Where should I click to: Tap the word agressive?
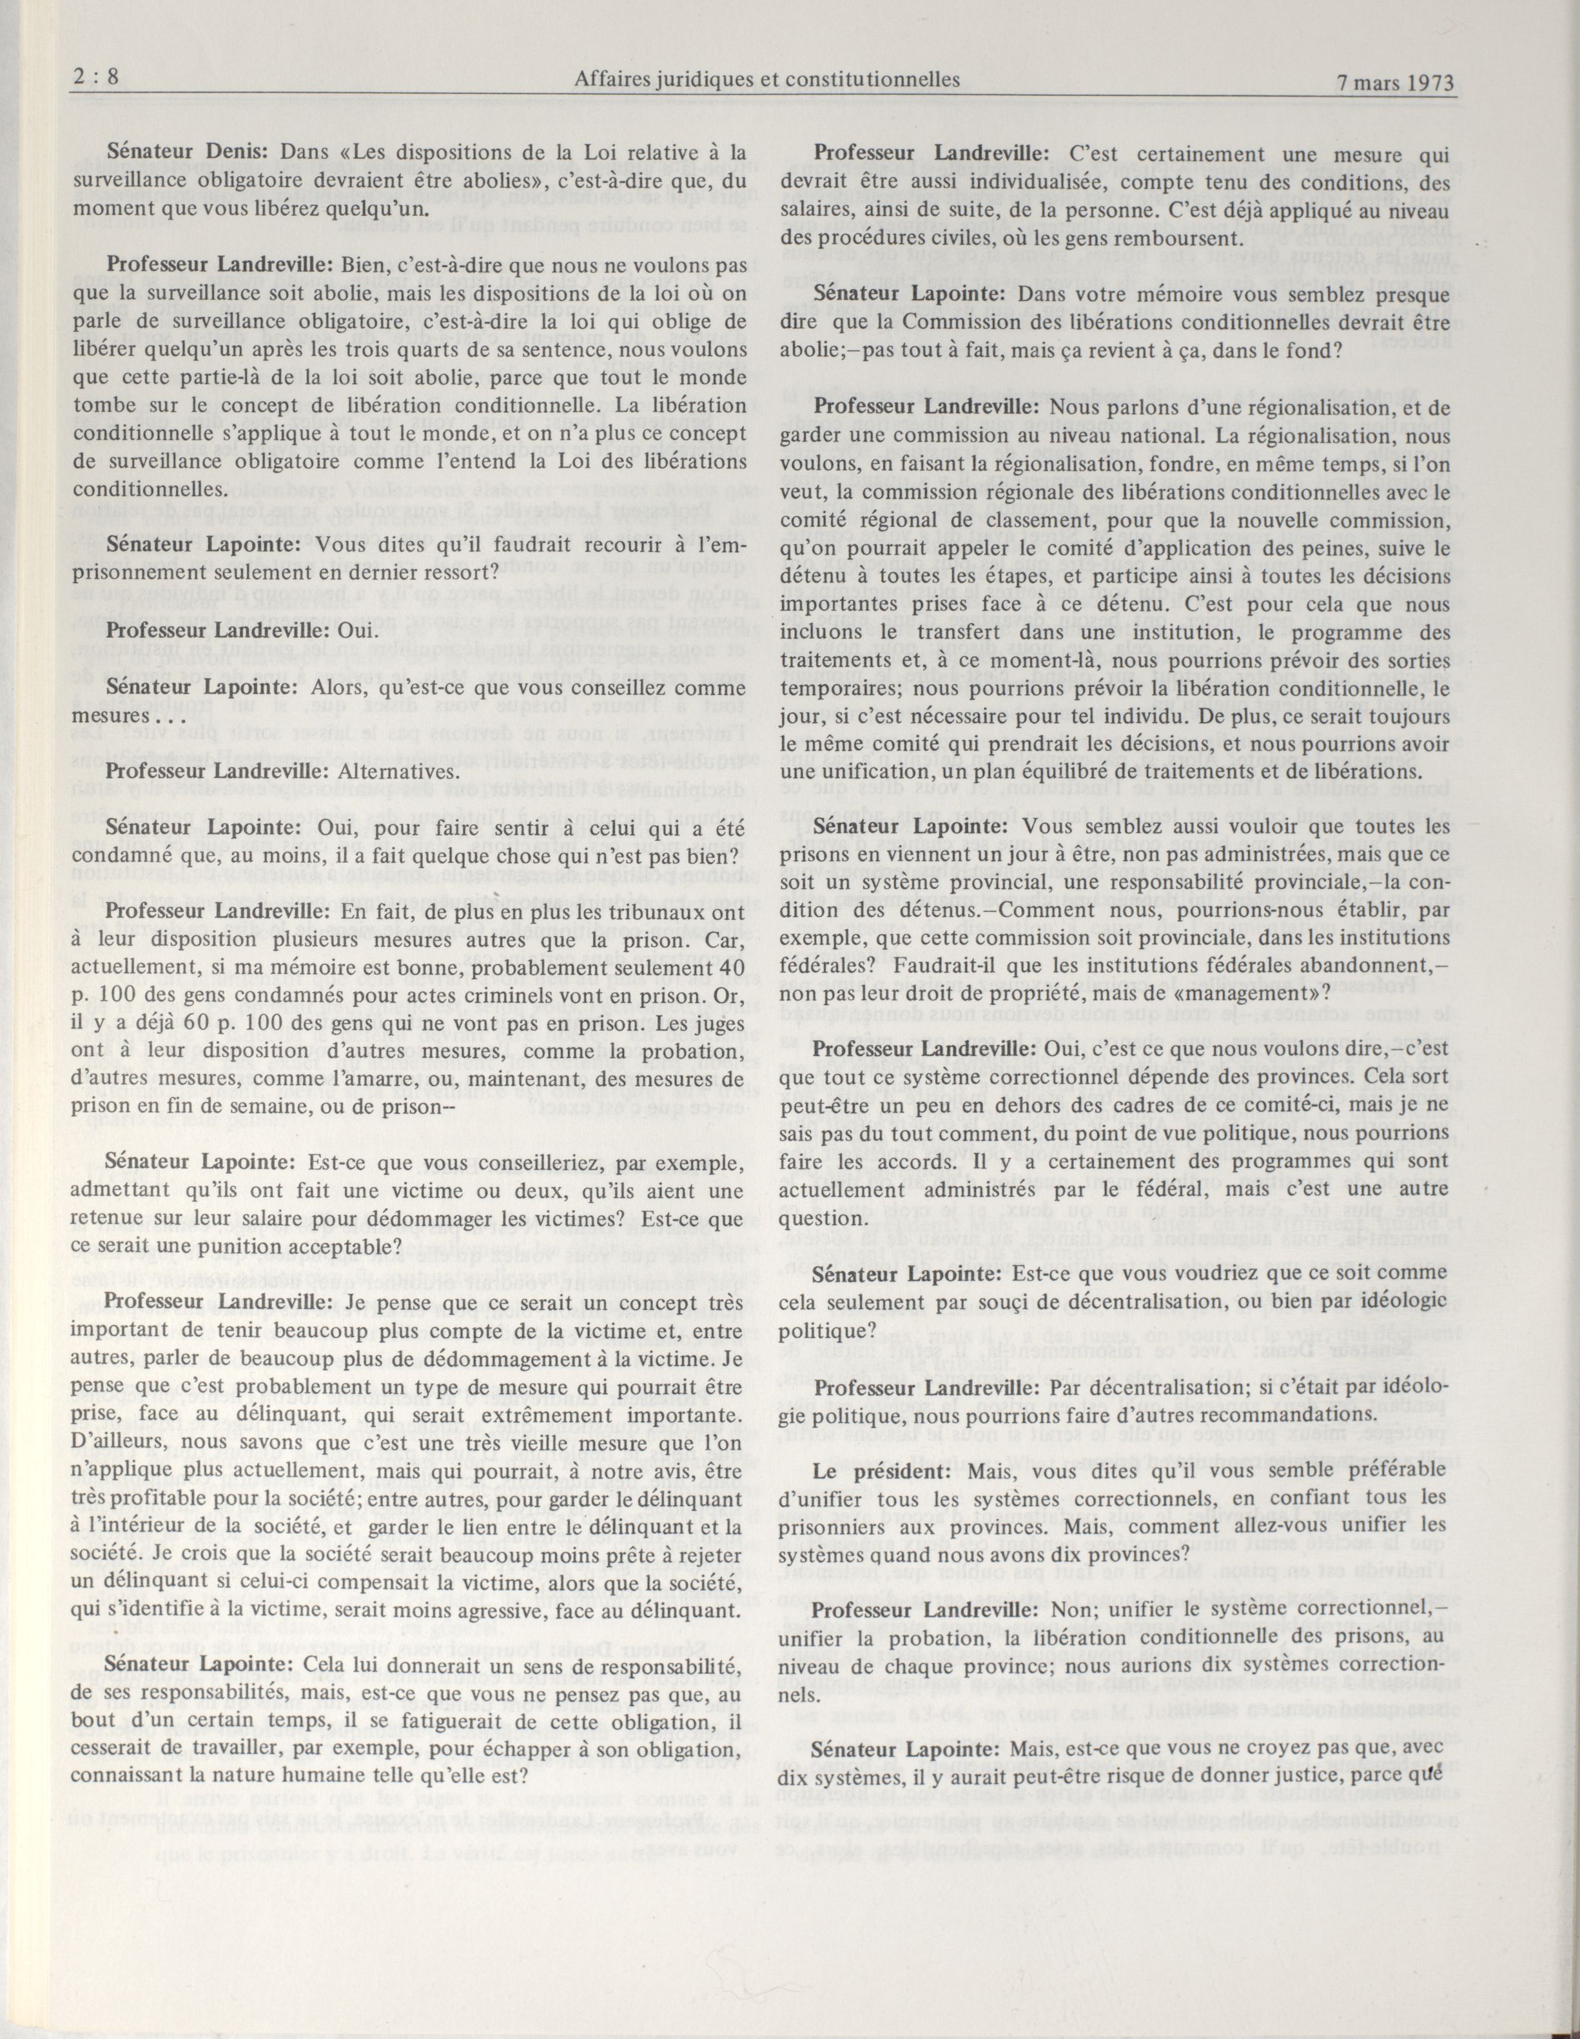538,1609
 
